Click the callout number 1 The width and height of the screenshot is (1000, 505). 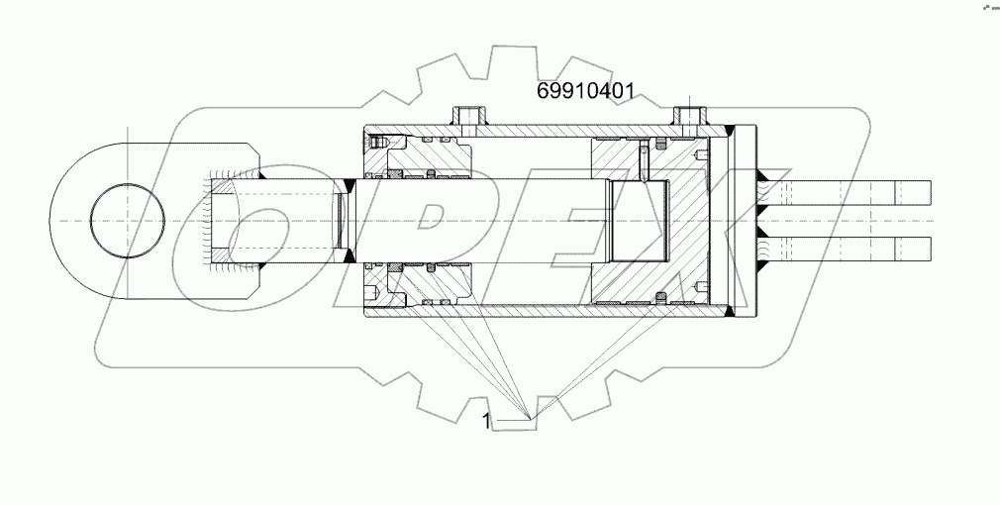click(486, 421)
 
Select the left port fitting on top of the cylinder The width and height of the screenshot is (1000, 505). click(470, 118)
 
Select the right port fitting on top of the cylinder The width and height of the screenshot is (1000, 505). click(687, 118)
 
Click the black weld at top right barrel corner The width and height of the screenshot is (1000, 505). click(729, 130)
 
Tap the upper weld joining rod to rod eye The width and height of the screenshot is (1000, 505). click(350, 182)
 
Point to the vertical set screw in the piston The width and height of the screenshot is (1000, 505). click(644, 158)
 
